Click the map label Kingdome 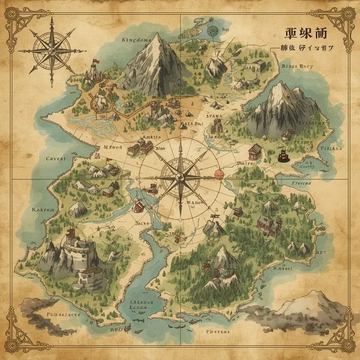click(137, 40)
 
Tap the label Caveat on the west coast click(56, 158)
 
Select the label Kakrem click(43, 210)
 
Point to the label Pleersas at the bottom click(217, 331)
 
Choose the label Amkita click(152, 137)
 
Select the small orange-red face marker click(219, 173)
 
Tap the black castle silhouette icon click(283, 156)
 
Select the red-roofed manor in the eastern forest click(268, 224)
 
